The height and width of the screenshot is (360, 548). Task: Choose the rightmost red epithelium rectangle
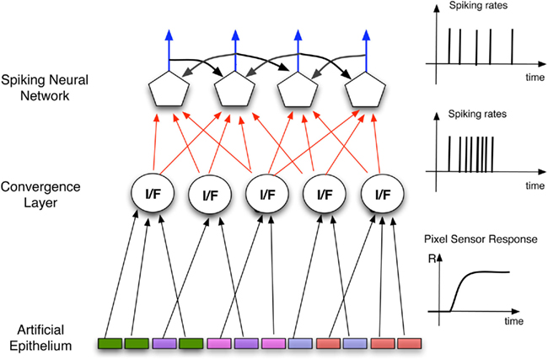pyautogui.click(x=410, y=344)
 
